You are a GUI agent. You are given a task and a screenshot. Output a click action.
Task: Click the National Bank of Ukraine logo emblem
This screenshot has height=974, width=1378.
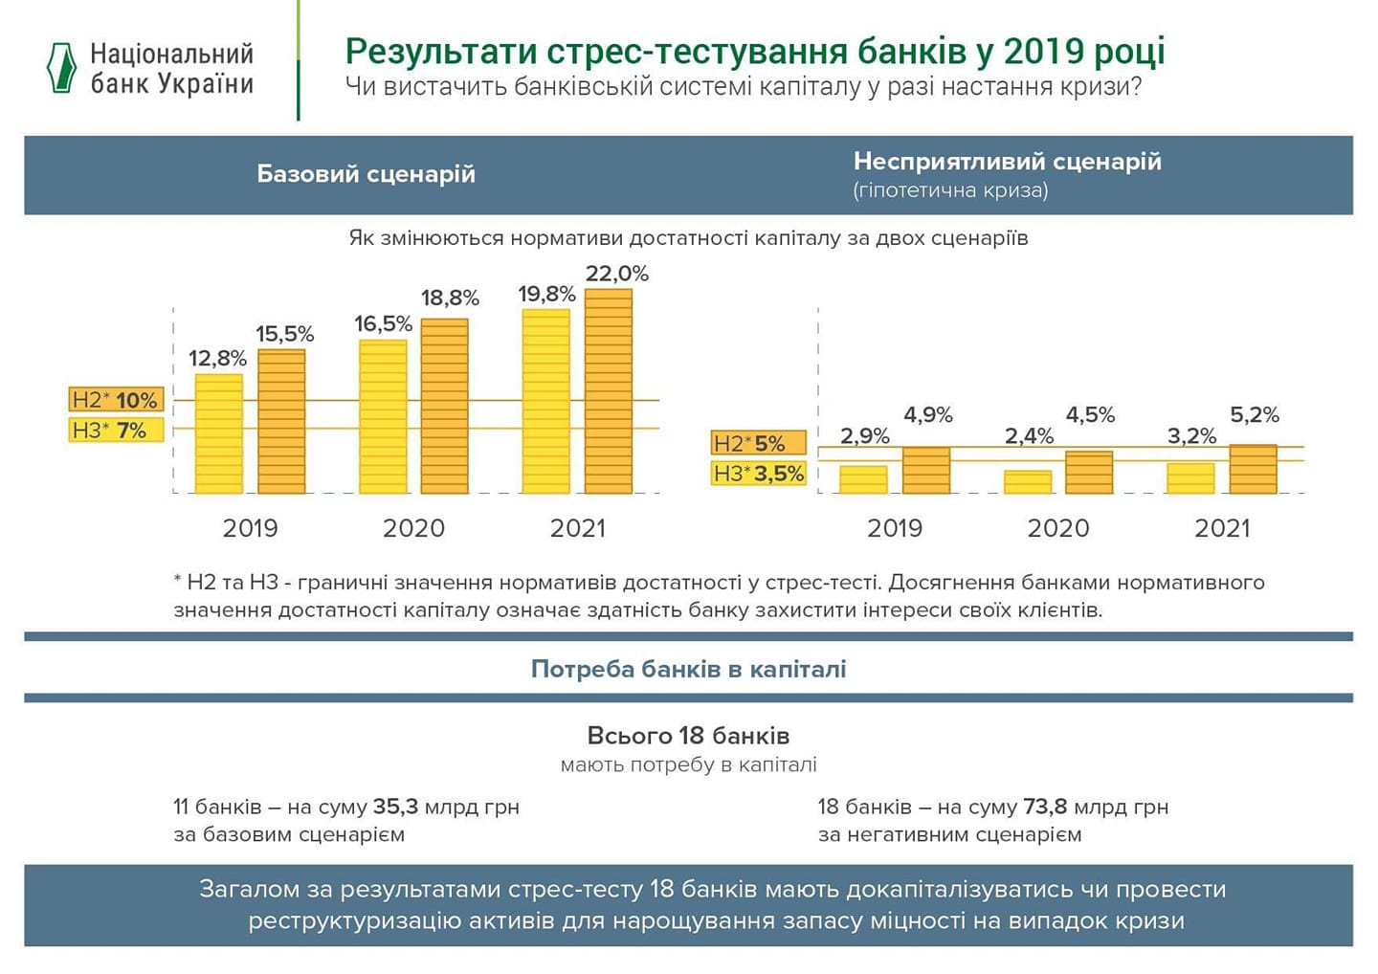click(x=61, y=68)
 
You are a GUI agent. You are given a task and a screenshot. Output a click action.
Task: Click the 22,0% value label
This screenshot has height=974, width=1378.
click(x=616, y=274)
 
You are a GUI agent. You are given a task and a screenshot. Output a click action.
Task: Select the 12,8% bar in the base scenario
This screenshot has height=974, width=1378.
click(x=218, y=433)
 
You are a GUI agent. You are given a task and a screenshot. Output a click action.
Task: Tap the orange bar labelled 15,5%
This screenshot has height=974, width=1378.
click(x=281, y=421)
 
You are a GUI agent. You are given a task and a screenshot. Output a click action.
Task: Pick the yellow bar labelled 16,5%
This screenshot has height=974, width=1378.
click(x=383, y=416)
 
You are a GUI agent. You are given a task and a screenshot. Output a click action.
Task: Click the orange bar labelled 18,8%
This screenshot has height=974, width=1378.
click(x=445, y=406)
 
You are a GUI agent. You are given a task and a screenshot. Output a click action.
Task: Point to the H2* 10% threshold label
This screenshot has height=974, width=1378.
click(x=115, y=400)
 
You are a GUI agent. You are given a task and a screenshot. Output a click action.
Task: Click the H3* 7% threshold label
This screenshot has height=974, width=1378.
click(x=110, y=431)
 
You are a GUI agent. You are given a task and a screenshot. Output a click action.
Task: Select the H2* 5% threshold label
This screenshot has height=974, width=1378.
click(x=750, y=443)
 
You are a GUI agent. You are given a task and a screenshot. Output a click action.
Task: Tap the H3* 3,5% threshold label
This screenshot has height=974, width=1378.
click(x=759, y=473)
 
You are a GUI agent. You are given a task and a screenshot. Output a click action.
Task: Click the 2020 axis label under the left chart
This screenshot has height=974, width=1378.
click(x=413, y=528)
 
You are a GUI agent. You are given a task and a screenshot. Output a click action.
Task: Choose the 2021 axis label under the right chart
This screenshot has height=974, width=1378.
click(x=1222, y=528)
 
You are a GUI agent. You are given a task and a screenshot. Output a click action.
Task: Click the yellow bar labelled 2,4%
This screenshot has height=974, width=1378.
click(x=1028, y=481)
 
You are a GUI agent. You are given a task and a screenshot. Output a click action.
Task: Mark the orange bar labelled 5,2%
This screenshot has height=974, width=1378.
click(x=1253, y=469)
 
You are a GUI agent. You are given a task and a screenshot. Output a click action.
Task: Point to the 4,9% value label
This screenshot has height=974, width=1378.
click(x=927, y=414)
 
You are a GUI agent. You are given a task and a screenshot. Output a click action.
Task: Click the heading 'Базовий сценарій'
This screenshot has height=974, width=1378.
click(x=366, y=174)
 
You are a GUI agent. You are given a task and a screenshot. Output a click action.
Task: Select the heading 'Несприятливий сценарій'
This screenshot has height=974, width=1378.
click(x=1007, y=161)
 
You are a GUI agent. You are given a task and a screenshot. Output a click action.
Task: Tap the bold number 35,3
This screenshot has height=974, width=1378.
click(x=395, y=807)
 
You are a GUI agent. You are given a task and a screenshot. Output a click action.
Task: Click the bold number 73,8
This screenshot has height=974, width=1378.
click(x=1045, y=807)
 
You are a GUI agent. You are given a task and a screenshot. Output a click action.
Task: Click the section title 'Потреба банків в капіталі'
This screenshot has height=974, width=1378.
click(x=688, y=669)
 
